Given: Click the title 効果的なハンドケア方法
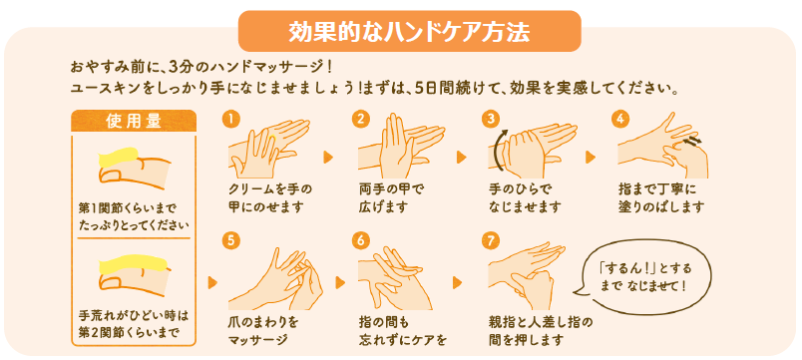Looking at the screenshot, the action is tap(409, 33).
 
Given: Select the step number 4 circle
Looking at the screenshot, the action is tap(620, 119).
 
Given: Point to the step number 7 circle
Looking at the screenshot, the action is tap(491, 241).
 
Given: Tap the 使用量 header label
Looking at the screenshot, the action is tap(134, 122).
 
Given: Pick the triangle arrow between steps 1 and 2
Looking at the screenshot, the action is tap(328, 157).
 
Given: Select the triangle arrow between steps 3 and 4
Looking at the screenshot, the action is tap(591, 157).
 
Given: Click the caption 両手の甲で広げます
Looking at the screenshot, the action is tap(391, 198).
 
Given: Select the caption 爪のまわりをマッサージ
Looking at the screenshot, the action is tap(263, 331).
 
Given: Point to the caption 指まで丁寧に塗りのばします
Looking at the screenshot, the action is tap(660, 198).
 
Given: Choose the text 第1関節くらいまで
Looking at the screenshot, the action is tap(127, 208).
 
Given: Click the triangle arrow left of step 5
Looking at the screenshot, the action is tap(212, 282).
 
